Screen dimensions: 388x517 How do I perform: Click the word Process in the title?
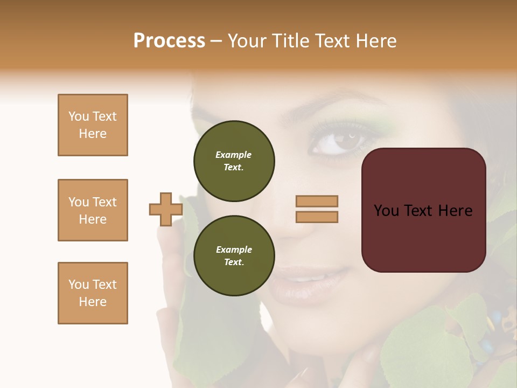point(169,41)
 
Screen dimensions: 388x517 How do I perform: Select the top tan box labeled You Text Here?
point(93,125)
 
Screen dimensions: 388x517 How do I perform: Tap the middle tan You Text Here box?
point(93,210)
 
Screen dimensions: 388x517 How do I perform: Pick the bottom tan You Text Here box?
point(93,293)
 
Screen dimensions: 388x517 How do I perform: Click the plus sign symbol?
point(165,210)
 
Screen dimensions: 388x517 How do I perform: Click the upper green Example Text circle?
point(234,161)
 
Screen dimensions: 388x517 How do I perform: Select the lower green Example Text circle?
point(234,255)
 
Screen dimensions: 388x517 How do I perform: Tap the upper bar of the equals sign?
point(317,202)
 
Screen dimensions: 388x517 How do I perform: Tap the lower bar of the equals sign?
point(317,217)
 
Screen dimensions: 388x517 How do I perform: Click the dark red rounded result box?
point(423,210)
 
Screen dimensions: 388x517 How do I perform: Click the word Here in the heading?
point(375,41)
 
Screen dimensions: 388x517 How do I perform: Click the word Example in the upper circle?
point(234,155)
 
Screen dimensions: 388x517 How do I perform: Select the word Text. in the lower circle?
point(234,262)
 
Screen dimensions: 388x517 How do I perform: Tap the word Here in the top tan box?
point(93,134)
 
